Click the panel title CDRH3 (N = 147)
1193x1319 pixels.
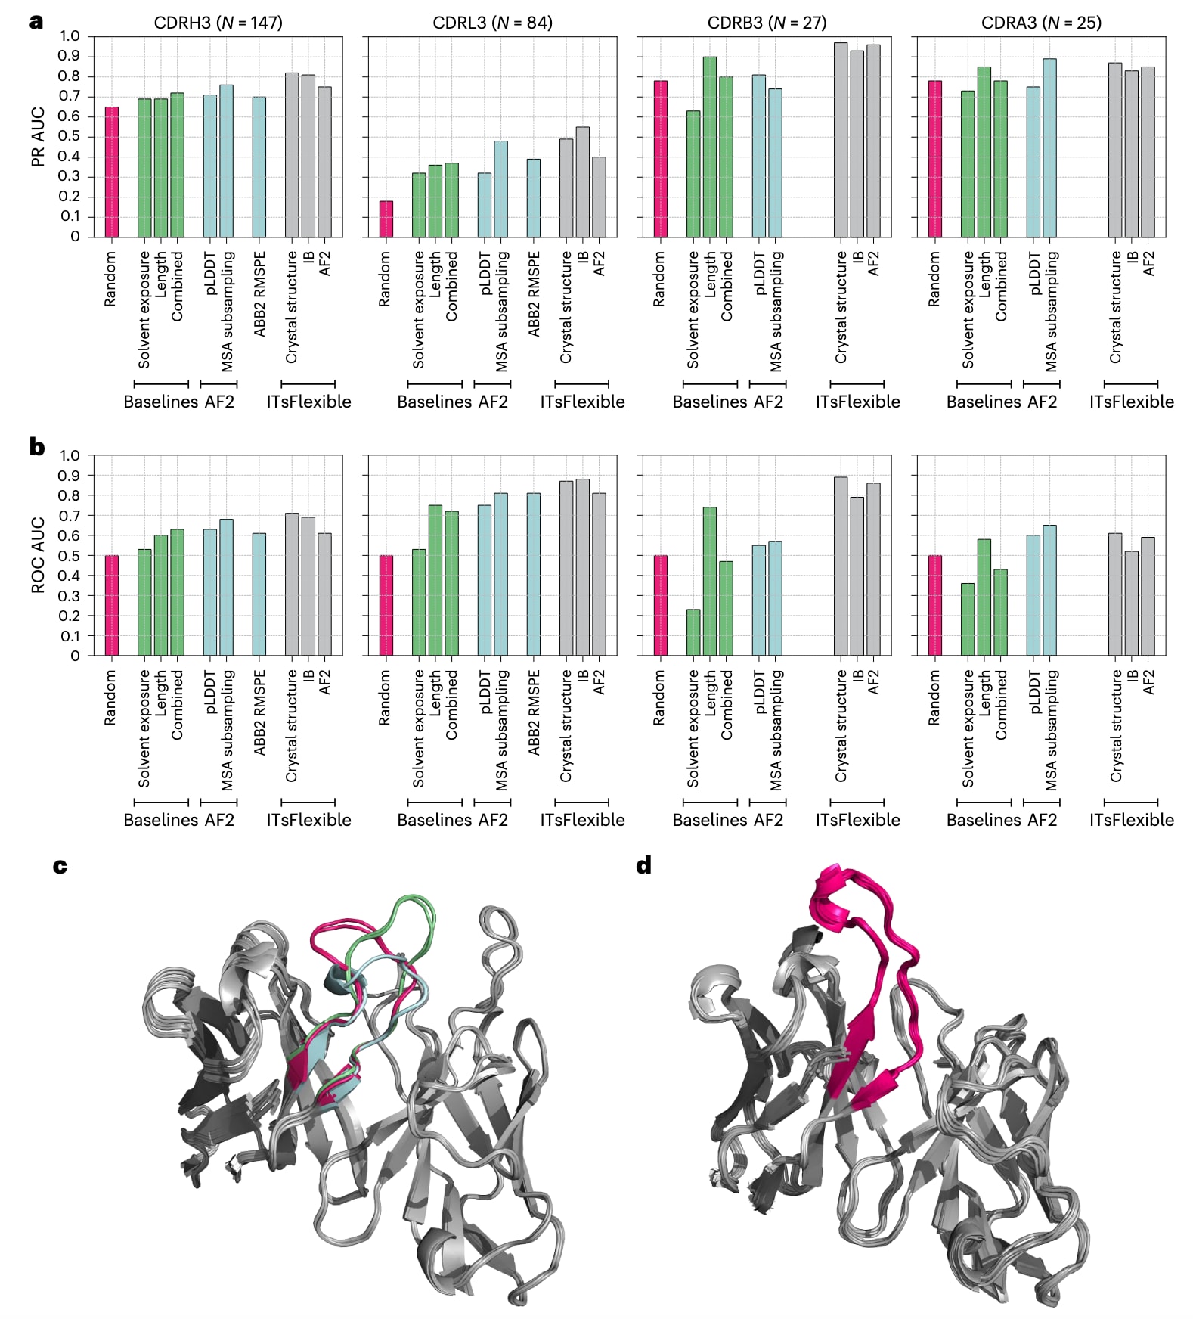[218, 23]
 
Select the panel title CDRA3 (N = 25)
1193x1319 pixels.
[1041, 23]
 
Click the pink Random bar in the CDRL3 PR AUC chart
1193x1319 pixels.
[386, 219]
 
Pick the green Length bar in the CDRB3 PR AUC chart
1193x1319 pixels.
[710, 147]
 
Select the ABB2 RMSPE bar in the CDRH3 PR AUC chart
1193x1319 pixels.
[259, 166]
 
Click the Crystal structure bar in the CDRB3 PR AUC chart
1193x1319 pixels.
[841, 140]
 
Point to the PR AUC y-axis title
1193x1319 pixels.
[38, 136]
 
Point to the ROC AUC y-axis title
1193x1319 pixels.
[38, 554]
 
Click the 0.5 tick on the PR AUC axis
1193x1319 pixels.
[70, 136]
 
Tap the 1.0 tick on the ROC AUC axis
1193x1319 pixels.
[70, 455]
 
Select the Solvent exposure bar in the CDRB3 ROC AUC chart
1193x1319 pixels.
[693, 632]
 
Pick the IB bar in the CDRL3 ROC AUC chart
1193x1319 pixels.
[582, 567]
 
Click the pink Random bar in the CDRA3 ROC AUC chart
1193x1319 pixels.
[935, 605]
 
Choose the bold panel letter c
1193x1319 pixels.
[60, 866]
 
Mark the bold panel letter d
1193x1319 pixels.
[643, 865]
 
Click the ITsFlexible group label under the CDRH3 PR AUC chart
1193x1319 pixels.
[308, 402]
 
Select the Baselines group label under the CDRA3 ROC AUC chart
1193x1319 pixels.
[979, 820]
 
